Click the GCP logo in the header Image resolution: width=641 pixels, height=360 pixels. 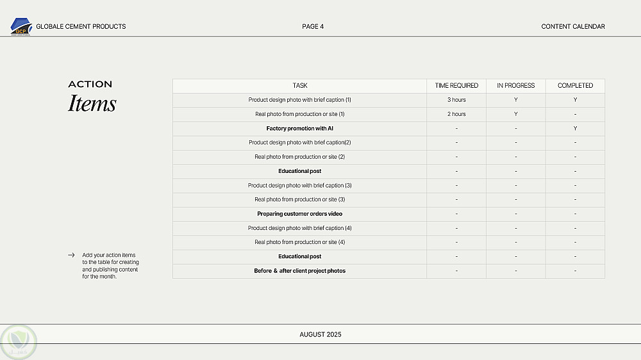click(x=21, y=26)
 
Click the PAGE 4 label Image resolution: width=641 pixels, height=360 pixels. click(x=313, y=26)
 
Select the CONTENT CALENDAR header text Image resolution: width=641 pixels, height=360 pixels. click(x=573, y=26)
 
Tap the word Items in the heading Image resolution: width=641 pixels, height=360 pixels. click(x=92, y=104)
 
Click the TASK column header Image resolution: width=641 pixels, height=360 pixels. click(x=299, y=86)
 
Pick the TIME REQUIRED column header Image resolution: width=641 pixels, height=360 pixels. click(x=456, y=86)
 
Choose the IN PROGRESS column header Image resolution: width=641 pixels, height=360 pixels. click(x=515, y=86)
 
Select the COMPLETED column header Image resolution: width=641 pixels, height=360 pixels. click(x=575, y=86)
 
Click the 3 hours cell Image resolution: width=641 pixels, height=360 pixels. click(x=456, y=100)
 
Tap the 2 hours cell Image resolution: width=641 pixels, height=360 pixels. click(x=456, y=114)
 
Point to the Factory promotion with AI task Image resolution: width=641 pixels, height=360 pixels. click(x=299, y=129)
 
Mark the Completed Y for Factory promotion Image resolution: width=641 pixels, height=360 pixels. click(x=575, y=129)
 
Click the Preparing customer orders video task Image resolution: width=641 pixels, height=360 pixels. click(x=299, y=214)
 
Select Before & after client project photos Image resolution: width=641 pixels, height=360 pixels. click(x=299, y=271)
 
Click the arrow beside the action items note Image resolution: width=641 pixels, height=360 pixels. click(x=71, y=255)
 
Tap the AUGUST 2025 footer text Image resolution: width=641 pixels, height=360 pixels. click(x=320, y=334)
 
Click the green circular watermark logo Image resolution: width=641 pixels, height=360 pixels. click(x=19, y=341)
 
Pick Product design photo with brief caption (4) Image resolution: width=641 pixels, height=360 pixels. click(x=299, y=228)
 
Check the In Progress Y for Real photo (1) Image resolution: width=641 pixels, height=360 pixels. click(x=515, y=114)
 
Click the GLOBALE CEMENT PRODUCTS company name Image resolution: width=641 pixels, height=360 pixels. click(x=81, y=26)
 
